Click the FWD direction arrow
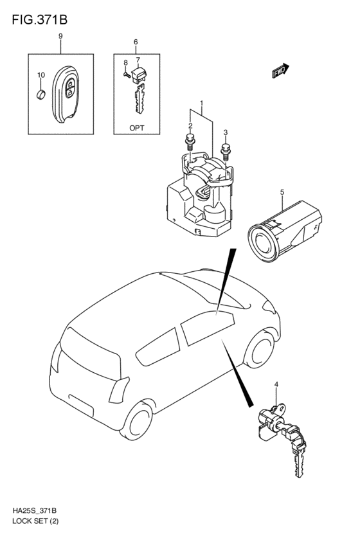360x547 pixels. [x=280, y=71]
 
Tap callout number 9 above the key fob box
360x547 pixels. [x=60, y=36]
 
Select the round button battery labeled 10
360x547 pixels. [x=41, y=94]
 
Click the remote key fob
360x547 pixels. [x=66, y=94]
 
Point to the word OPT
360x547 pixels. [x=137, y=128]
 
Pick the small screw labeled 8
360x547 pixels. [x=127, y=74]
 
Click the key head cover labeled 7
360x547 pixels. [x=139, y=75]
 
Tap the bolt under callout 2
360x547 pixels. [x=190, y=141]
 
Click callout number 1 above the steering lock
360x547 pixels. [x=201, y=103]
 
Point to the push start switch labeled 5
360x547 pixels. [x=284, y=231]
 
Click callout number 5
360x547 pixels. [x=282, y=192]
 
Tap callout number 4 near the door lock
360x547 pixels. [x=276, y=384]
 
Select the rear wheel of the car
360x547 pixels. [x=136, y=421]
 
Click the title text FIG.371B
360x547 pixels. [x=39, y=20]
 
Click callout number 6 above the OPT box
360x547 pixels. [x=136, y=42]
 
